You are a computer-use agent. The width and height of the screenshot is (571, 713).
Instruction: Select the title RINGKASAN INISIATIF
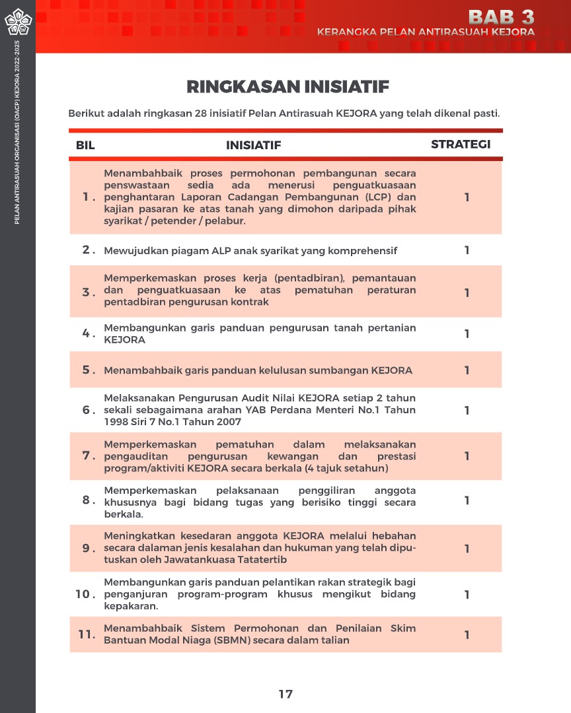[287, 87]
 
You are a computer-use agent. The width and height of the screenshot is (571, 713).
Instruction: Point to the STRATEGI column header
[461, 145]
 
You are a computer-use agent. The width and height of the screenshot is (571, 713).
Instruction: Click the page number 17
[285, 694]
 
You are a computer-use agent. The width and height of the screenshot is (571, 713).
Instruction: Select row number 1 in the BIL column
[87, 197]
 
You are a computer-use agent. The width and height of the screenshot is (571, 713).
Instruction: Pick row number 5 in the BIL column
[87, 370]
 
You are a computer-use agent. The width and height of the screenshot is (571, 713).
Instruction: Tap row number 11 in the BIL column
[85, 634]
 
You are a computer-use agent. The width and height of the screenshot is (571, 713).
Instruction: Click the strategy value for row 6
[467, 410]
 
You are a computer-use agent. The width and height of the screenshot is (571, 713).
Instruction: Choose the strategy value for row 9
[467, 548]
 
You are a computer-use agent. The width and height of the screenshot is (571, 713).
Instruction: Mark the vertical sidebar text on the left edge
[18, 132]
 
